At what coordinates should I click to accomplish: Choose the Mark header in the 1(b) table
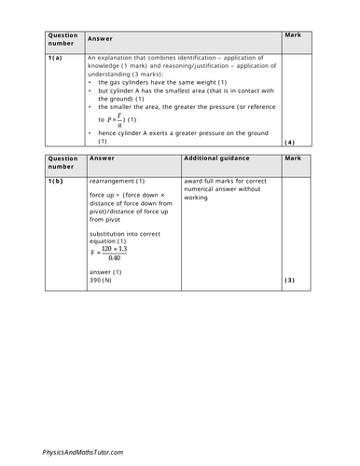[293, 159]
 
